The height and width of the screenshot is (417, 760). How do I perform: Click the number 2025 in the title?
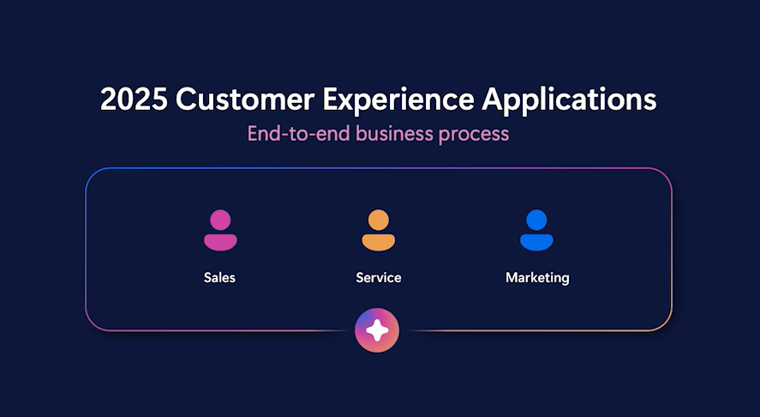click(134, 99)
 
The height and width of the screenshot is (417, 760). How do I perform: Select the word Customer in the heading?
click(245, 99)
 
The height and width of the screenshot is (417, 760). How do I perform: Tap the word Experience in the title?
click(398, 101)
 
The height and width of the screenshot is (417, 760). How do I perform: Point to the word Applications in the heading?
click(569, 101)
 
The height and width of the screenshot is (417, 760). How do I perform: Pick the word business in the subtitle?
click(394, 134)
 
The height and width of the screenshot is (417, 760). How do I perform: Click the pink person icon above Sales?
click(220, 230)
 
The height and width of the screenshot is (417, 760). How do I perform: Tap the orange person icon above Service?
click(379, 230)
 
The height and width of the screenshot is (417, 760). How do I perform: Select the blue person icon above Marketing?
click(536, 230)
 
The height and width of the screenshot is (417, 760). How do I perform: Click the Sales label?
click(219, 278)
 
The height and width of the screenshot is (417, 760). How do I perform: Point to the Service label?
click(379, 278)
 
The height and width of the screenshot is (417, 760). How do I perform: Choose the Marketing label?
click(537, 278)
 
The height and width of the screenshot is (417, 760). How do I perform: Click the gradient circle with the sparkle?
click(377, 330)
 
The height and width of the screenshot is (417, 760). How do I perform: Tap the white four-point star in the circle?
click(377, 330)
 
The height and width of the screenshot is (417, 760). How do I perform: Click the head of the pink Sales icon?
click(220, 220)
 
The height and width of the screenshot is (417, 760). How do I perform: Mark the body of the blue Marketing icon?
click(536, 242)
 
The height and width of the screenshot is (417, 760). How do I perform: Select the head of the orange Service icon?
click(379, 220)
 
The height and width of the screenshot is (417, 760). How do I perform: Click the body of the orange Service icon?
click(379, 242)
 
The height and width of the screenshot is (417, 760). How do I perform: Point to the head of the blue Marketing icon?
click(536, 220)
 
